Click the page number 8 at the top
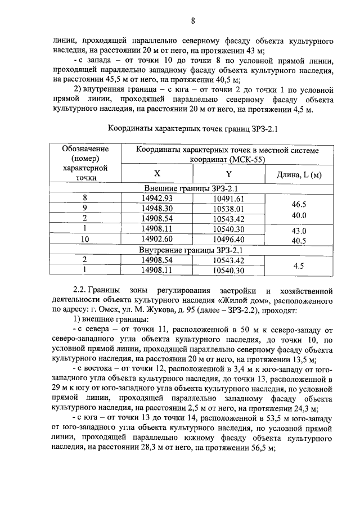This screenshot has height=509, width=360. click(193, 22)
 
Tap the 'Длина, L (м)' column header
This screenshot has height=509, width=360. click(299, 175)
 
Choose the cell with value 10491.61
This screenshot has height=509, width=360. click(228, 198)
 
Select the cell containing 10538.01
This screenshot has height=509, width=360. click(228, 208)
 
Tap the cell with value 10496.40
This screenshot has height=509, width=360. click(228, 239)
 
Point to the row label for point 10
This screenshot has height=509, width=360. click(85, 239)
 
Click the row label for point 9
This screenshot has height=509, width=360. click(85, 208)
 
